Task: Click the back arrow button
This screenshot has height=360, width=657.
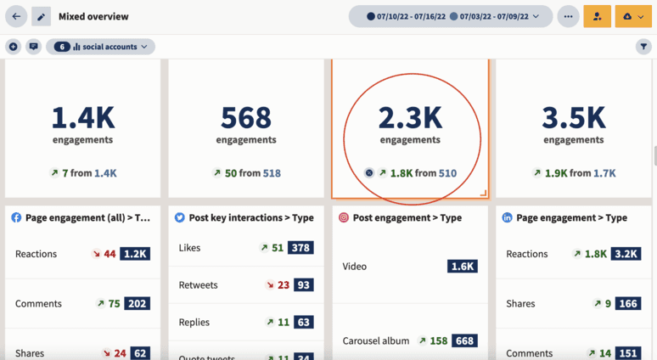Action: click(16, 16)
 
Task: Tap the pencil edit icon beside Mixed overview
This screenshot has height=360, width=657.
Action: click(41, 16)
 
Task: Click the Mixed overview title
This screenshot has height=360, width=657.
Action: click(93, 16)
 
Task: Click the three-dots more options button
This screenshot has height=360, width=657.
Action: click(568, 16)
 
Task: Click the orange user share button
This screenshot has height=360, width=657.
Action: click(597, 16)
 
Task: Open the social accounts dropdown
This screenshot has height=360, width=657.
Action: click(100, 47)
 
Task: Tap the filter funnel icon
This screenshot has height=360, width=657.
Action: click(643, 47)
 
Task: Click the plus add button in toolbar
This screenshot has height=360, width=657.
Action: click(13, 47)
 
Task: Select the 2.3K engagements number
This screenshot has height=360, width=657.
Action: click(410, 116)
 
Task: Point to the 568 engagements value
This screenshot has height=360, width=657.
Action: click(245, 116)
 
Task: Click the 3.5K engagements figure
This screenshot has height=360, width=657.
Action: click(574, 116)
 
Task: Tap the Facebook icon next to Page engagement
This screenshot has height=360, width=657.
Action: click(16, 218)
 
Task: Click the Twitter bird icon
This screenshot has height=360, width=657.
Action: click(180, 218)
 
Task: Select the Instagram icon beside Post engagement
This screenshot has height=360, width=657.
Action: click(344, 218)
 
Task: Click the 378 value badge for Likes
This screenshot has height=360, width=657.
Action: click(300, 248)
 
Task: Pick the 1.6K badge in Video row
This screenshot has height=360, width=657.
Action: click(463, 267)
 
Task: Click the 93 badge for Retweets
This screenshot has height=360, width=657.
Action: click(303, 285)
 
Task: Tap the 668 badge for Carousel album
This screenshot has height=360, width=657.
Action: click(464, 341)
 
